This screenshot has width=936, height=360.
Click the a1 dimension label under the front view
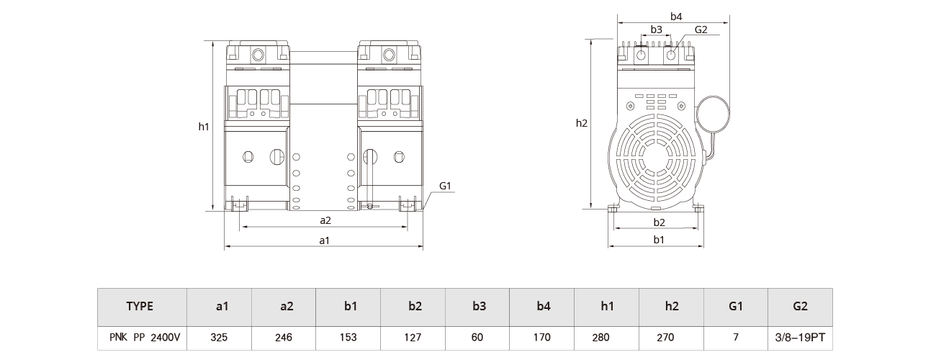point(324,240)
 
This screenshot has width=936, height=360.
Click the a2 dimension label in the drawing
point(325,220)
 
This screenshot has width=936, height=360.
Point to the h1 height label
point(204,127)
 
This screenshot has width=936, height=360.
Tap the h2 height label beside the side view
point(582,123)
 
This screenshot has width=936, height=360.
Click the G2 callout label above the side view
point(701,30)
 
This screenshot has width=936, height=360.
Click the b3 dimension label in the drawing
point(656,30)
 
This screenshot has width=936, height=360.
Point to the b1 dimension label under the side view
point(658,240)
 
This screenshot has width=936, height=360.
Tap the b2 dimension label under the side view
point(658,222)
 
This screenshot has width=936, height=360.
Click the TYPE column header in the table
point(140,306)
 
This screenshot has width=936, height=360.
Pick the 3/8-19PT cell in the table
point(800,336)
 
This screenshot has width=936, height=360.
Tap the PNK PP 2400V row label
point(141,336)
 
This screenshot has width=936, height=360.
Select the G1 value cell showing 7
point(736,336)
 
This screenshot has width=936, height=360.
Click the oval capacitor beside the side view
point(713,114)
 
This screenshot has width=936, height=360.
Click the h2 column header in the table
point(672,306)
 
